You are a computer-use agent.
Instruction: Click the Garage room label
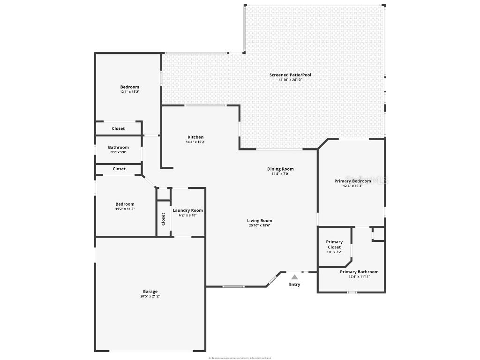point(150,291)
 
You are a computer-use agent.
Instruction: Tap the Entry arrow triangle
point(294,277)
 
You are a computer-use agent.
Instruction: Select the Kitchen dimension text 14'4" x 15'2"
point(195,142)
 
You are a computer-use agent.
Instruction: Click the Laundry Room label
point(187,210)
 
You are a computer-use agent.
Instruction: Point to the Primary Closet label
point(334,244)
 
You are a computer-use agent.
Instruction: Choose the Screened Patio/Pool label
point(290,75)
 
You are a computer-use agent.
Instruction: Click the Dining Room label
point(280,169)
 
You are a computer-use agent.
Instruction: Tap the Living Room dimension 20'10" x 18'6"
point(260,225)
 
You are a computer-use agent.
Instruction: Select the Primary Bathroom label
point(359,272)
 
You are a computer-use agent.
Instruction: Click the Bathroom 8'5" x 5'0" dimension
point(118,152)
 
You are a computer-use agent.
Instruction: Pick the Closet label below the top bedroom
point(118,128)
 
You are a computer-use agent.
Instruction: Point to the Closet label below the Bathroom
point(119,169)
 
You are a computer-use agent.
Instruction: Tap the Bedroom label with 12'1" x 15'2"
point(129,87)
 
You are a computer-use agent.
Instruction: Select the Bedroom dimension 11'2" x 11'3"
point(125,209)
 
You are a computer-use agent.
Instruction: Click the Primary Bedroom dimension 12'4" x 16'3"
point(352,186)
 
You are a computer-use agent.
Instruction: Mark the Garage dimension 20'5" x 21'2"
point(150,296)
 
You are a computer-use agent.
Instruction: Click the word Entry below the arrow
point(294,285)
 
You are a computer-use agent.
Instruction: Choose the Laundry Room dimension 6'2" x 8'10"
point(187,216)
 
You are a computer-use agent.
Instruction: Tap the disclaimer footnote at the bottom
point(240,358)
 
